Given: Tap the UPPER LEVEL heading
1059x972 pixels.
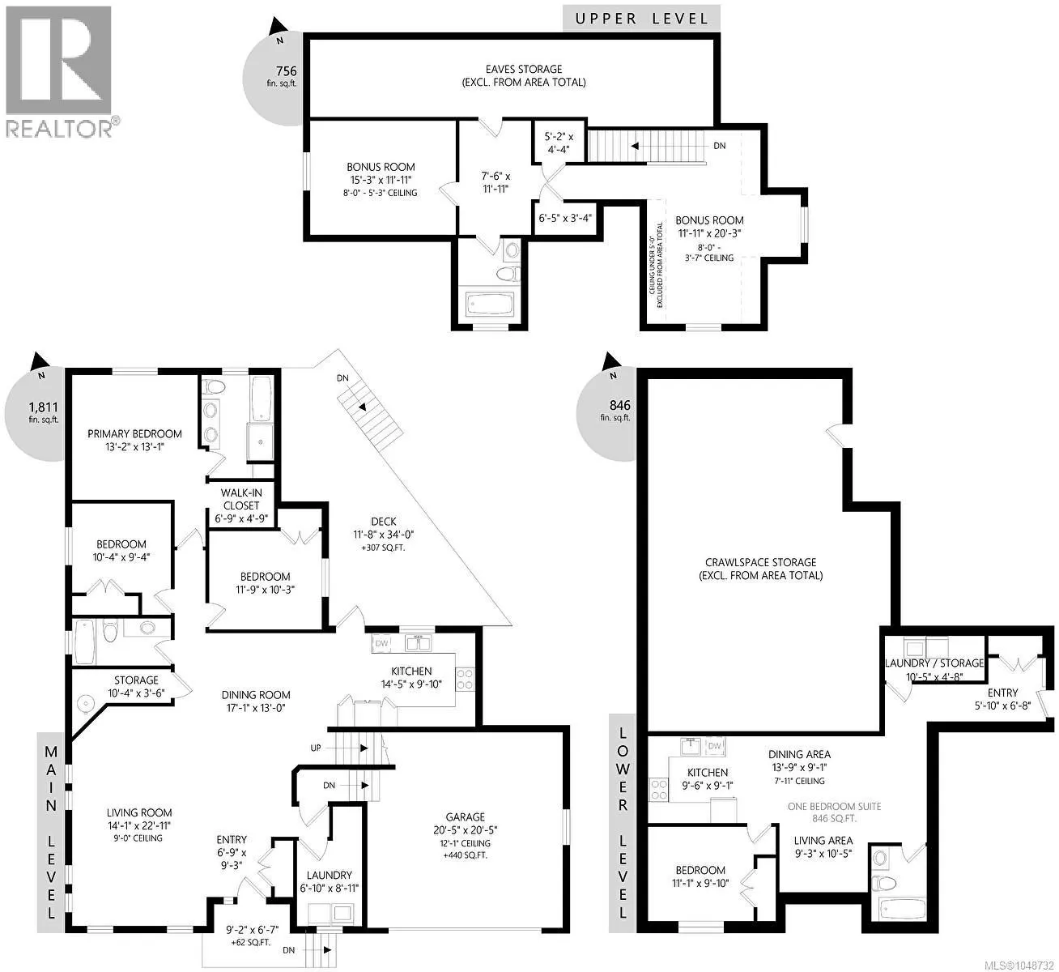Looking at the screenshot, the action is [641, 19].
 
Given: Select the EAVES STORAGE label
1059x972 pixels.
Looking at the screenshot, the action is [524, 69].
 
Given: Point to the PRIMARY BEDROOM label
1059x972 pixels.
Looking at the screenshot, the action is [134, 433].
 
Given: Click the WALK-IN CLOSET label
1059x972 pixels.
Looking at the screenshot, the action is [241, 499].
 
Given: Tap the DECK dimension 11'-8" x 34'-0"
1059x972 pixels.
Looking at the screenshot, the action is [383, 535].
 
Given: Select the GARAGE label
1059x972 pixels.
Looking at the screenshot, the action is [465, 816].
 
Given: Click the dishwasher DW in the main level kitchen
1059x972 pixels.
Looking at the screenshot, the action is [381, 643].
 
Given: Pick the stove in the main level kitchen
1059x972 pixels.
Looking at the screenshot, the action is [465, 679].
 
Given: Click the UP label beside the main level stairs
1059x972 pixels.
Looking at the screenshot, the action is [316, 748].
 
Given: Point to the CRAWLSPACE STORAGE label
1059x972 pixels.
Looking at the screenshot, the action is [761, 562].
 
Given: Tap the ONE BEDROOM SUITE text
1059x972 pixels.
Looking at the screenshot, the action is [834, 806].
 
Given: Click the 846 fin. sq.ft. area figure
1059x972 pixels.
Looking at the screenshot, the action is [619, 410].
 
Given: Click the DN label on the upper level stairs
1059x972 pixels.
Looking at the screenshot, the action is [720, 145].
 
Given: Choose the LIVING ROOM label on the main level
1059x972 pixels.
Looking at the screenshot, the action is [138, 812].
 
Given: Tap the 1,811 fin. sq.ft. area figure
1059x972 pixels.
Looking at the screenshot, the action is [43, 412].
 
